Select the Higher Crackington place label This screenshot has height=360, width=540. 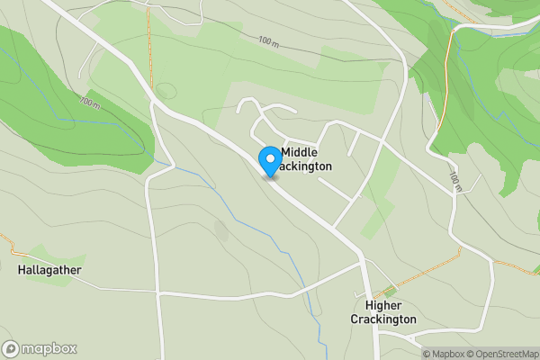pyautogui.click(x=383, y=312)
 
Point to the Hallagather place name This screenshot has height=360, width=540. pyautogui.click(x=49, y=269)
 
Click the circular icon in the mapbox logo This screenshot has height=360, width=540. pyautogui.click(x=12, y=349)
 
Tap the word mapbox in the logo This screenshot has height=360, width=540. pyautogui.click(x=50, y=349)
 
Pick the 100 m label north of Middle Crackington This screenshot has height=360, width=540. pyautogui.click(x=267, y=42)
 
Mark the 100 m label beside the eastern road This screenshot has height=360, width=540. pyautogui.click(x=455, y=183)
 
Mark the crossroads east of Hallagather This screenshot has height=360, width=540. pyautogui.click(x=157, y=293)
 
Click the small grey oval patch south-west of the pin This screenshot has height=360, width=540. pyautogui.click(x=221, y=230)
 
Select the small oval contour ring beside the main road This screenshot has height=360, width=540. pyautogui.click(x=165, y=91)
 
